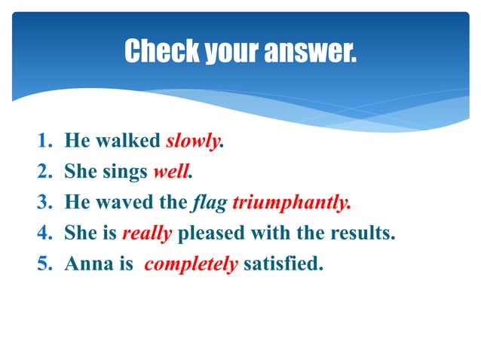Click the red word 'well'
tap(170, 172)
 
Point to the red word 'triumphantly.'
tap(292, 203)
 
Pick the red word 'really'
tap(147, 233)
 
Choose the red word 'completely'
tap(191, 264)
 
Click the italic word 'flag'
tap(210, 203)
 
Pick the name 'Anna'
tap(85, 264)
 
